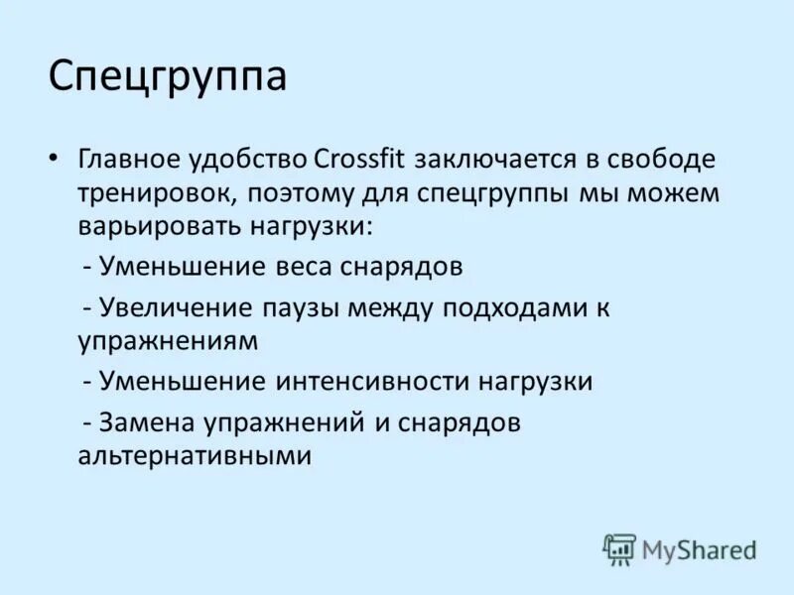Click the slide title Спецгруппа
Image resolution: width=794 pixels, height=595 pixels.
click(168, 77)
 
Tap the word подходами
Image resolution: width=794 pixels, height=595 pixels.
click(503, 308)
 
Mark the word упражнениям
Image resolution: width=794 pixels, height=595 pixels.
click(168, 340)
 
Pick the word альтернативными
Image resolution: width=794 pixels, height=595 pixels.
click(195, 455)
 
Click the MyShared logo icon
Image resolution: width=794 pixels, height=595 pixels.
click(619, 548)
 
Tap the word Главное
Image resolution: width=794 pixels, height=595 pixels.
click(128, 159)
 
